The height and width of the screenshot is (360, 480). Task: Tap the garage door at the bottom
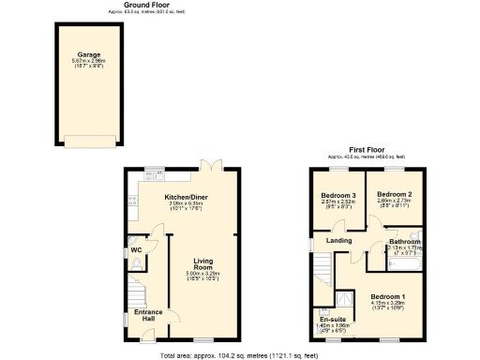[x=90, y=142]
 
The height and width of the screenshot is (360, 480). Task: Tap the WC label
[x=136, y=250]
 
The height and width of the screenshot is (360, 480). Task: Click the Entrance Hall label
[x=148, y=315]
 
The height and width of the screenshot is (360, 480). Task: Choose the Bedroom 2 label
[x=393, y=195]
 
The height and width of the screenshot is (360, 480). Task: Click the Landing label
[x=338, y=241]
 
